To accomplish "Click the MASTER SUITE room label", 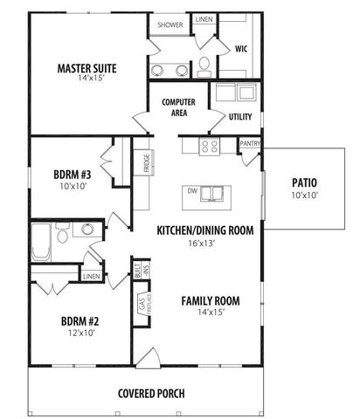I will coord(87,67).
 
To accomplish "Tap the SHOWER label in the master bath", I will coord(170,25).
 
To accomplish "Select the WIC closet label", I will coord(242,50).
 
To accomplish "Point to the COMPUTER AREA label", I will coord(178,106).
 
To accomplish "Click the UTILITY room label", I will coord(240,116).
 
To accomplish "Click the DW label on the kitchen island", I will coord(191,189).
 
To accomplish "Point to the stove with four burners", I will coord(211,146).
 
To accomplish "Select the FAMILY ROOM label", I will coord(211,302).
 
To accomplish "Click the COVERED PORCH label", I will coord(151,394).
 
